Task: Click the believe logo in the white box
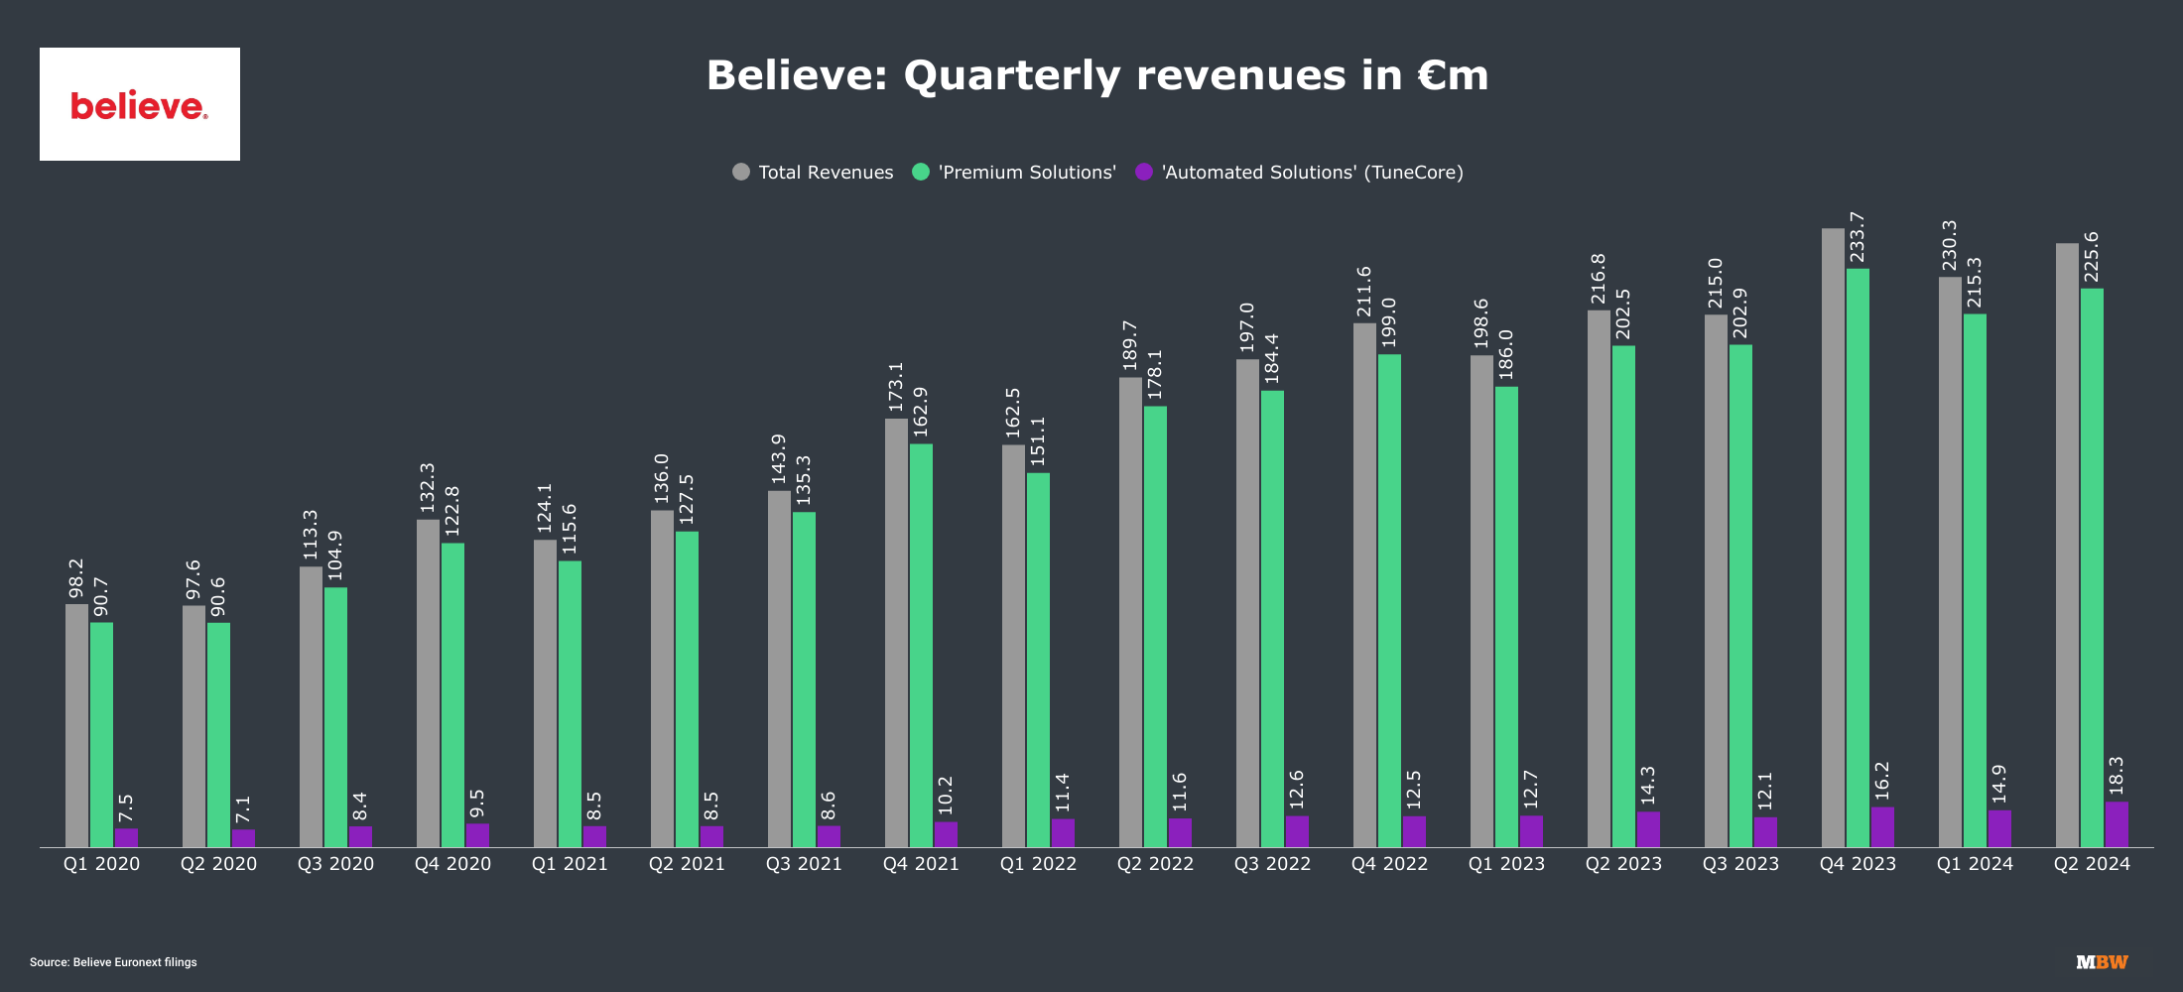coord(139,105)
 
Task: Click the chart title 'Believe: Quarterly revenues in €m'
coord(1097,75)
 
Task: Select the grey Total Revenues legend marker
coord(741,172)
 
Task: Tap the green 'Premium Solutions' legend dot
coord(921,172)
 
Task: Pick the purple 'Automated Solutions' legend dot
coord(1144,172)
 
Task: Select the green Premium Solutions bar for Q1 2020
coord(101,734)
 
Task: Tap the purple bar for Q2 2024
coord(2117,824)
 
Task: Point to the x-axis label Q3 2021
coord(804,864)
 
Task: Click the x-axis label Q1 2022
coord(1038,864)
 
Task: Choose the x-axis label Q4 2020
coord(452,864)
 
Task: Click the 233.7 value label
coord(1858,237)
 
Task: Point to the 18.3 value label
coord(2117,776)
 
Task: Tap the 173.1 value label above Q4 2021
coord(896,387)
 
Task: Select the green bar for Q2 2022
coord(1155,626)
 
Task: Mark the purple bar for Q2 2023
coord(1648,829)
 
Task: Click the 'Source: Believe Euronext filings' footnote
coord(113,962)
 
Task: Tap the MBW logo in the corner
coord(2102,962)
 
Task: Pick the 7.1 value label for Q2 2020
coord(243,809)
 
